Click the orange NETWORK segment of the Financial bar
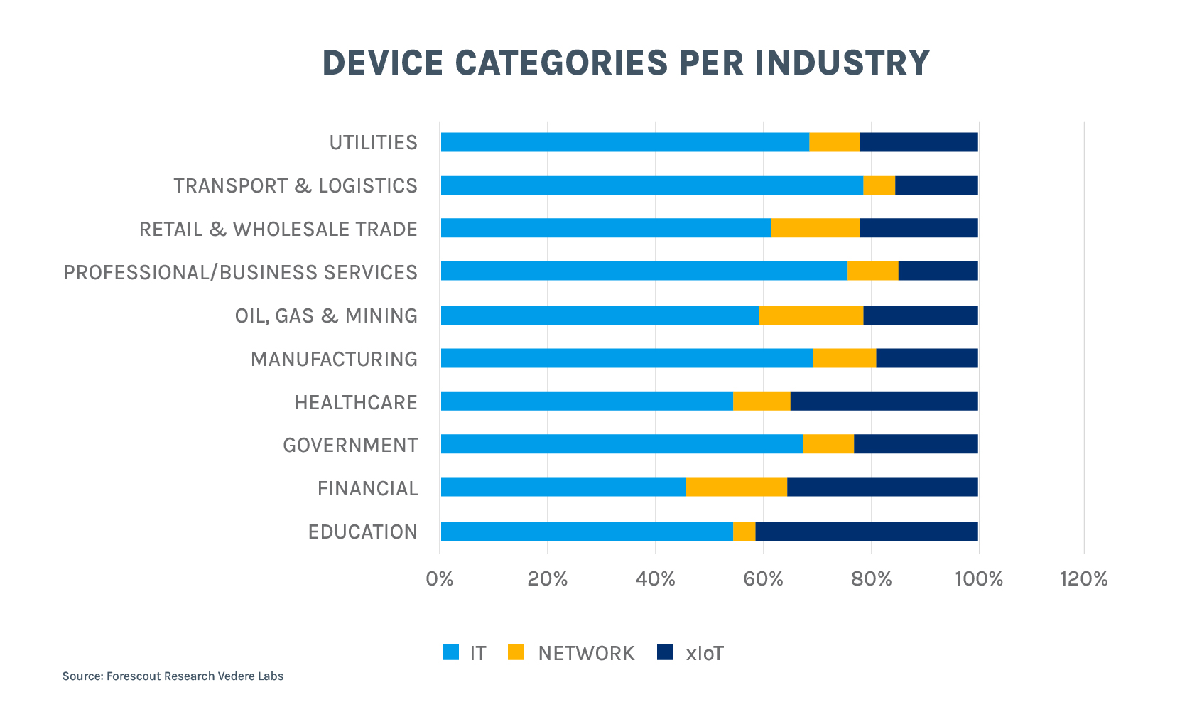[x=736, y=487]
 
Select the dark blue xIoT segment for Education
[x=867, y=531]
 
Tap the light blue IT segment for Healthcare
[x=587, y=401]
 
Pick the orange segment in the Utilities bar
[x=835, y=142]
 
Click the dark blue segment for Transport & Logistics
[x=936, y=185]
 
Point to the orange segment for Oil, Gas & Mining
[x=811, y=315]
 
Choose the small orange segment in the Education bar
[x=744, y=531]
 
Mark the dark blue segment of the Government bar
[x=916, y=443]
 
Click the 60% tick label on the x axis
[x=763, y=579]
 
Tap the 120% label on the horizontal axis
[x=1083, y=579]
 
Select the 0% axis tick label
[x=440, y=579]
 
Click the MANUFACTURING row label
[x=334, y=359]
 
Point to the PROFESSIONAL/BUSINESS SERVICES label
[x=241, y=272]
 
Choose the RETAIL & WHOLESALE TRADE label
[x=278, y=229]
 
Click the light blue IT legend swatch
[x=450, y=652]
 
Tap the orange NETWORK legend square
[x=516, y=652]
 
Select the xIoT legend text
[x=705, y=653]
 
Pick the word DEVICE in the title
[x=382, y=63]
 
